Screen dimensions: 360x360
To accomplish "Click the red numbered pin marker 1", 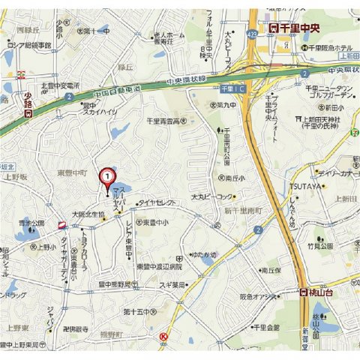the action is point(108,177).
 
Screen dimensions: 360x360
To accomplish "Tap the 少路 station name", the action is point(25,98).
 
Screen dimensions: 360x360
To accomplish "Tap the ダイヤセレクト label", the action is point(156,202).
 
